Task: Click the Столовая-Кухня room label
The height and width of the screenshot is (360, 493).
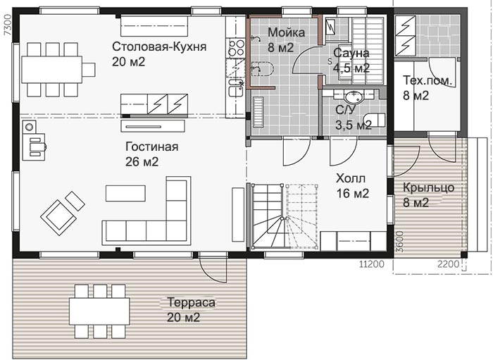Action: click(159, 46)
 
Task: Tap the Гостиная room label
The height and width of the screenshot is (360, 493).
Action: click(152, 147)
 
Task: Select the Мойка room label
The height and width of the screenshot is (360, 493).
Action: click(286, 32)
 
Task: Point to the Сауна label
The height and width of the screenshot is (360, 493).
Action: click(351, 53)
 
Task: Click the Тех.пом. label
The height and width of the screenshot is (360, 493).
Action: click(428, 80)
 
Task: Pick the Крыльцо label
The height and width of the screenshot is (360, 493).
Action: click(428, 187)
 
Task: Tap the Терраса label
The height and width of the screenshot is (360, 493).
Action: click(191, 302)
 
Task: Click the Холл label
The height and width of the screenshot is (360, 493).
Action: click(351, 178)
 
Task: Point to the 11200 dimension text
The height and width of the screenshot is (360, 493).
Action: click(372, 264)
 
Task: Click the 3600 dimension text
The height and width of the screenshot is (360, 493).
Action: click(399, 242)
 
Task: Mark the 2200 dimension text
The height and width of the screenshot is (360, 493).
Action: click(448, 264)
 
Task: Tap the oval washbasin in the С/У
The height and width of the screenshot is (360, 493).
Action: click(354, 97)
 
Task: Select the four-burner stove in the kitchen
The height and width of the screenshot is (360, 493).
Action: click(235, 48)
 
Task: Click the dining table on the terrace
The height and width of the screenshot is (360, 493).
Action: click(99, 311)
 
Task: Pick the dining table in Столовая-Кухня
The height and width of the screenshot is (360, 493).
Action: click(52, 70)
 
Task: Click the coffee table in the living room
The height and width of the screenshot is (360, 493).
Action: click(125, 193)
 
